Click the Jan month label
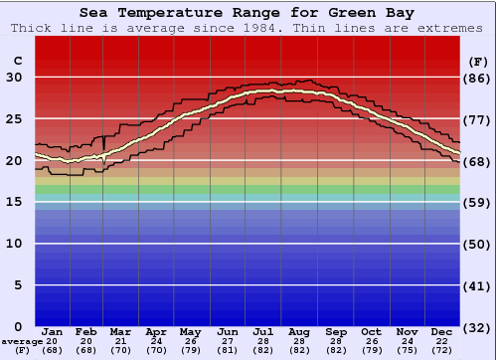(53, 331)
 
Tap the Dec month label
(442, 331)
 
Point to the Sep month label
(335, 331)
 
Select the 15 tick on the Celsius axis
(14, 202)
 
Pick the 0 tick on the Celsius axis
(17, 326)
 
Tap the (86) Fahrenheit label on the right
(478, 79)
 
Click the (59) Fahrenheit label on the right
(478, 202)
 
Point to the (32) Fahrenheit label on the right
(478, 326)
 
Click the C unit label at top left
(16, 62)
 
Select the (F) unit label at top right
(478, 62)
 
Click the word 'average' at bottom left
(23, 341)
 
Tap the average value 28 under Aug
(300, 341)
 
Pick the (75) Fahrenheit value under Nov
(407, 350)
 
